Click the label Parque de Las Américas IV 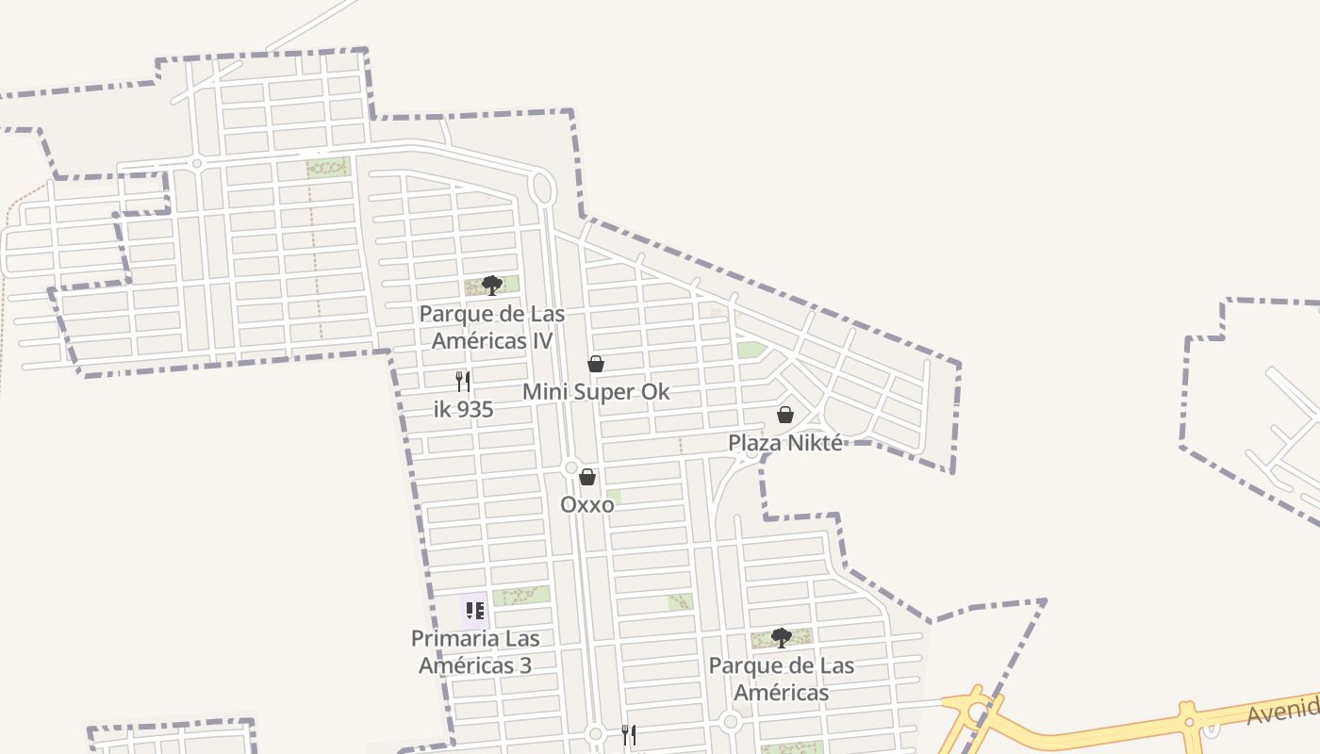491,326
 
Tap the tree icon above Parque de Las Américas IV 491,285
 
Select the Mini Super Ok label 596,391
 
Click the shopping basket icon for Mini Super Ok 596,364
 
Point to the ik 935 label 463,409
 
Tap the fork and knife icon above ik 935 463,382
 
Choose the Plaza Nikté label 784,442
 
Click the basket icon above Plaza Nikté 784,415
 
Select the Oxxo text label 586,504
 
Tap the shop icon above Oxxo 586,477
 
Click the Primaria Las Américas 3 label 475,651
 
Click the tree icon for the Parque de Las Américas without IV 781,638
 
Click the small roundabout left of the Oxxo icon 570,467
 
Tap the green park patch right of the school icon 521,596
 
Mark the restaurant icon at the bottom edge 629,735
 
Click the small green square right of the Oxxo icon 614,497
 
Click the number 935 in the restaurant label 475,409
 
